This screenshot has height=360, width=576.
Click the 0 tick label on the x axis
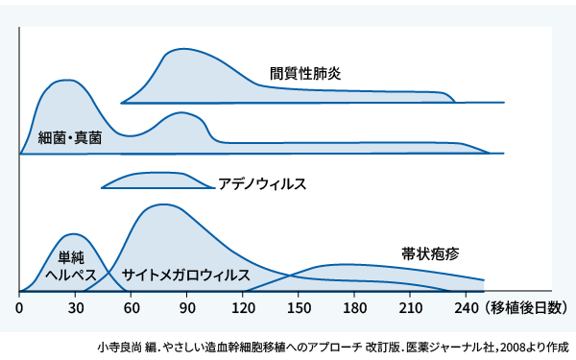(20, 308)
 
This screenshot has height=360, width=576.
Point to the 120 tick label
(244, 308)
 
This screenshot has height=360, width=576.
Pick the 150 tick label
(300, 308)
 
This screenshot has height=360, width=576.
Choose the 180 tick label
(355, 308)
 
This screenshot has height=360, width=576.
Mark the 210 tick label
(412, 308)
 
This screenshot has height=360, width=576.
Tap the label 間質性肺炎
(305, 72)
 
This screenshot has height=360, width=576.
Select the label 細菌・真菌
(70, 138)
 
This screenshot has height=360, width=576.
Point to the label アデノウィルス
(262, 182)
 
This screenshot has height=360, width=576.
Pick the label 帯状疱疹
(430, 253)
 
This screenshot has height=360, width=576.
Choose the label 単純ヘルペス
(71, 266)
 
